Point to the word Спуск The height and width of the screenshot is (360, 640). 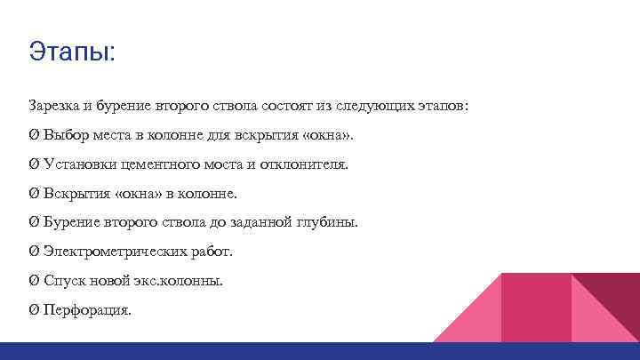coord(61,281)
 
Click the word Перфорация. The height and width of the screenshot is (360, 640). coord(87,310)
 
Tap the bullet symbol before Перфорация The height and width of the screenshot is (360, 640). coord(33,310)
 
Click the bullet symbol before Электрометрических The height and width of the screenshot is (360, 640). coord(33,252)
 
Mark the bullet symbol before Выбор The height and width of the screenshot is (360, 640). coord(33,135)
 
